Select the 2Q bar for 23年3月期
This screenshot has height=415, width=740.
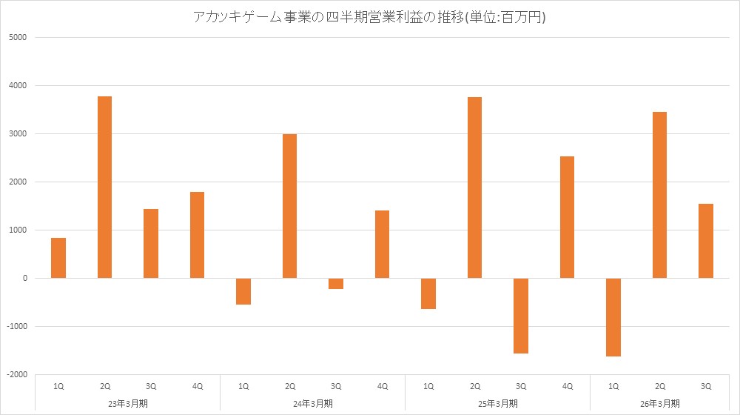[x=104, y=187]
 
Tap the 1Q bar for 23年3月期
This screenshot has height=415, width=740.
[x=58, y=258]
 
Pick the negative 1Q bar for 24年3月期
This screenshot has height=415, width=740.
[x=243, y=291]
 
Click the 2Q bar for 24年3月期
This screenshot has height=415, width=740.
[x=289, y=206]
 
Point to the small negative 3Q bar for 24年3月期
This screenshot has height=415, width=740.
[x=336, y=284]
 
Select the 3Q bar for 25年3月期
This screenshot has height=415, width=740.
[x=521, y=316]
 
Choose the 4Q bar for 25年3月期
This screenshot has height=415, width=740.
[x=567, y=217]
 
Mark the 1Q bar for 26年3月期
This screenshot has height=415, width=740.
[x=613, y=317]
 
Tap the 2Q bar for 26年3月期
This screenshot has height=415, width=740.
[x=659, y=195]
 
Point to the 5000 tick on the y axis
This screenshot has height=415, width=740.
[x=17, y=37]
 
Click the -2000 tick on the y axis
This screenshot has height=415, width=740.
[x=16, y=374]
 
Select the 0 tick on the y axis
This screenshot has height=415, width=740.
[x=24, y=278]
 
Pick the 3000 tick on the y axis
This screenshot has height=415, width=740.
[x=17, y=133]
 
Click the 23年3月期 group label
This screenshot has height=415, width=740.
[x=128, y=403]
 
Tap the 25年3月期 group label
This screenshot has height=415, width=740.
[x=498, y=403]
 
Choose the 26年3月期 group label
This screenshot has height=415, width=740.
[x=659, y=403]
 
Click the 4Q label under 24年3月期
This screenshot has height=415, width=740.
[x=382, y=385]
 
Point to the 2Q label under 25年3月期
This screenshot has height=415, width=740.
[x=474, y=385]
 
